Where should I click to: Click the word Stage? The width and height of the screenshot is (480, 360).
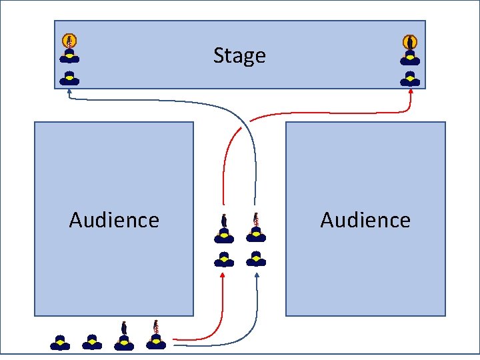pyautogui.click(x=239, y=55)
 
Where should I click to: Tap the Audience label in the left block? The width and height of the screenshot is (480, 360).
pyautogui.click(x=114, y=220)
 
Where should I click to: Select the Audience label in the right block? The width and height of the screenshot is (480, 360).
pyautogui.click(x=365, y=220)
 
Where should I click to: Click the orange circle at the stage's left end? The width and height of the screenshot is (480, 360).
pyautogui.click(x=69, y=41)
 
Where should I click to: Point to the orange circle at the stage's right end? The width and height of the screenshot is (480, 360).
pyautogui.click(x=410, y=41)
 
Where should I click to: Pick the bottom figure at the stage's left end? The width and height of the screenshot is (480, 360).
pyautogui.click(x=69, y=78)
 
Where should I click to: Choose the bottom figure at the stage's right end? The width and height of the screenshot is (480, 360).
pyautogui.click(x=410, y=78)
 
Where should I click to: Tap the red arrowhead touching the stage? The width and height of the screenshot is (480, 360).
pyautogui.click(x=410, y=93)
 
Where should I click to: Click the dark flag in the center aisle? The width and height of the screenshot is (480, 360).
pyautogui.click(x=224, y=220)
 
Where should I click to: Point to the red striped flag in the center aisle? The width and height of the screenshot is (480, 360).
pyautogui.click(x=255, y=219)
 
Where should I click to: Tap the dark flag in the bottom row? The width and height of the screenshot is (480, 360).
pyautogui.click(x=124, y=328)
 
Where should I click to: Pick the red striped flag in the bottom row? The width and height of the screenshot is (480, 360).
pyautogui.click(x=156, y=327)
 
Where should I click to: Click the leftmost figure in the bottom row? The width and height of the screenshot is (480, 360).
pyautogui.click(x=60, y=343)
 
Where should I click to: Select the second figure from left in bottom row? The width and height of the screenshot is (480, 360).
pyautogui.click(x=92, y=343)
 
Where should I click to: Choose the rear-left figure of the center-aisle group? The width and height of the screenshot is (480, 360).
pyautogui.click(x=224, y=259)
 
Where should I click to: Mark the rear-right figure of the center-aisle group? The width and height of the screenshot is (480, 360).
pyautogui.click(x=255, y=258)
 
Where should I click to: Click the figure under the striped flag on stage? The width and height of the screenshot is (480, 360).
pyautogui.click(x=69, y=55)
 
